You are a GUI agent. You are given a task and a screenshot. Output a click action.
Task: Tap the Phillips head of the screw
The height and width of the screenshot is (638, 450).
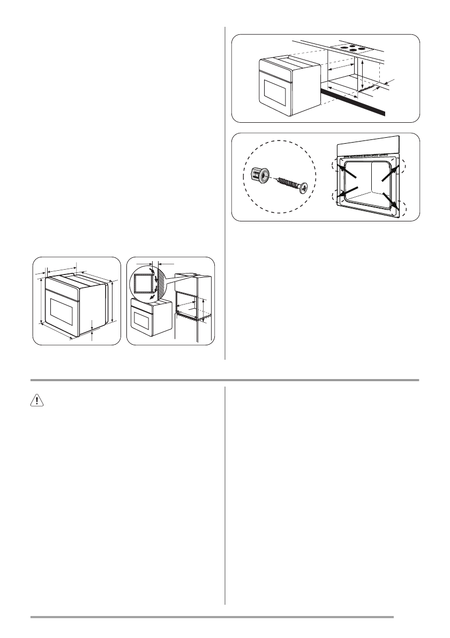[305, 188]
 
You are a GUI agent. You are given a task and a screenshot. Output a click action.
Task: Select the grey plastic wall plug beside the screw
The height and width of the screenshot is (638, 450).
[259, 175]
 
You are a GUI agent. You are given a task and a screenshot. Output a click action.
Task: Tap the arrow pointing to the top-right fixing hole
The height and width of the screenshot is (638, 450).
[390, 174]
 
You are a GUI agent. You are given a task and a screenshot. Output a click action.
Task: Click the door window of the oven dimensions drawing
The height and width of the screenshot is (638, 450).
[64, 309]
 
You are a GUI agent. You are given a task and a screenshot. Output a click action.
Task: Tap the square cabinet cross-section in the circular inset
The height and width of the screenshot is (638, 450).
[143, 284]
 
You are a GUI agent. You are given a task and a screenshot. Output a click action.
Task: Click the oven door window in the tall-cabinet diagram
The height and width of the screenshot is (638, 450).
[141, 321]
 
